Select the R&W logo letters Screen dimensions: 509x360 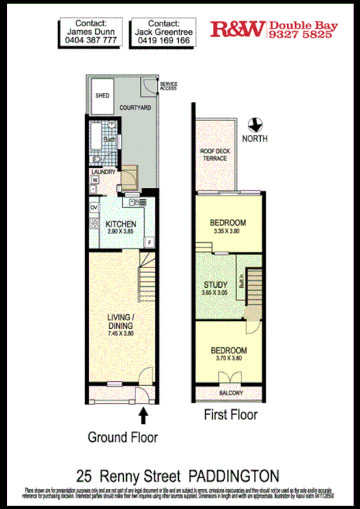pyautogui.click(x=237, y=31)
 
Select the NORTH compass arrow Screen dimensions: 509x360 pyautogui.click(x=252, y=124)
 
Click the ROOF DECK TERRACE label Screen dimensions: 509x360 pyautogui.click(x=214, y=154)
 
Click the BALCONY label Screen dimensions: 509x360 pyautogui.click(x=227, y=393)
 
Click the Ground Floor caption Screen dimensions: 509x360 pyautogui.click(x=122, y=437)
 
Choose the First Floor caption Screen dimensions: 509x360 pyautogui.click(x=230, y=415)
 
